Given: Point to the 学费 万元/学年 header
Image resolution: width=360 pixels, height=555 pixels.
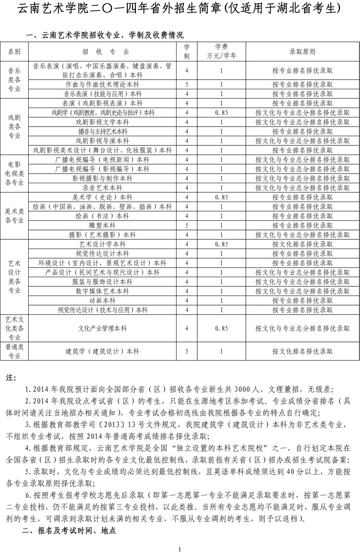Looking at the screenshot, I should coord(221,51).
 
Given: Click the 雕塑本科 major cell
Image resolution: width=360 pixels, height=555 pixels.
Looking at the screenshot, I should coord(102,225).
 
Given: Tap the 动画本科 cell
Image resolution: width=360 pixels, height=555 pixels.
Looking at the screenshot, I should coord(102,300).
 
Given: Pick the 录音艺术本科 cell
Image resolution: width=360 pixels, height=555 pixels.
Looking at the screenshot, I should coord(102,188).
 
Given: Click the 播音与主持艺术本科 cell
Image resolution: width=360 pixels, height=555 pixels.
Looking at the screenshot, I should coord(102,131).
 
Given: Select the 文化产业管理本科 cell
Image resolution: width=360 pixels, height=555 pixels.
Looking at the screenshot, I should coord(102,328).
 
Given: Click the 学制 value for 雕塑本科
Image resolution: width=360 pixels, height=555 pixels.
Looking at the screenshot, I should coord(187,225).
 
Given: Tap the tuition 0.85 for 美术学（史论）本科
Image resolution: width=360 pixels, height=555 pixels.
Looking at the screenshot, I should coord(221,197).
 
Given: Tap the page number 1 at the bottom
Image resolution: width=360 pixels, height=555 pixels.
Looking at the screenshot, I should coord(179,549).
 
